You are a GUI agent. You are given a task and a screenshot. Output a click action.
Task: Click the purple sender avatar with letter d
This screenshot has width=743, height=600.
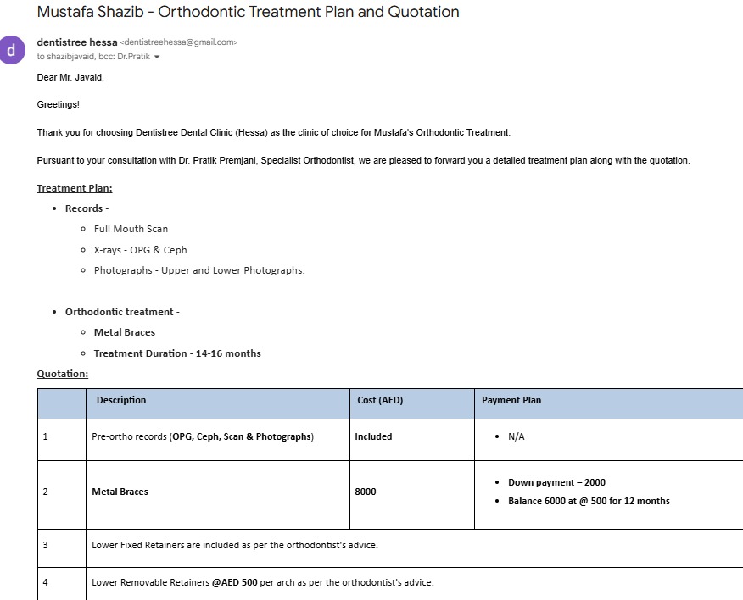[x=12, y=49]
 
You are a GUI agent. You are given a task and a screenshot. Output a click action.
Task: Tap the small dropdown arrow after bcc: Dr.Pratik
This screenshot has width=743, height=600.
[x=157, y=57]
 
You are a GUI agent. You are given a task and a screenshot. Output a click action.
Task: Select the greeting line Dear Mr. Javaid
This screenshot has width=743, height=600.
[x=70, y=78]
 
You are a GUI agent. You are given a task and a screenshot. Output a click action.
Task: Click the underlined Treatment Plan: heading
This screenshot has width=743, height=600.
[x=75, y=188]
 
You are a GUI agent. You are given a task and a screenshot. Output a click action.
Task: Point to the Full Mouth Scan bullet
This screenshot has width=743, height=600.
[x=131, y=229]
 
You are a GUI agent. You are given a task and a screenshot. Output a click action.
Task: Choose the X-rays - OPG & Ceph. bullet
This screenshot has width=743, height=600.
[x=142, y=250]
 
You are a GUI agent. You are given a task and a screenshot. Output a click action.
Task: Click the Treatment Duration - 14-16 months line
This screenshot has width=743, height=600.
[x=177, y=353]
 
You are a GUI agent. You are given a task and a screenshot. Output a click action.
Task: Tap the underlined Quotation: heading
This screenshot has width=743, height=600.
[x=63, y=373]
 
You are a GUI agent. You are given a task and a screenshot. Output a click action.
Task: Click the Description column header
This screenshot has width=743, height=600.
[x=121, y=400]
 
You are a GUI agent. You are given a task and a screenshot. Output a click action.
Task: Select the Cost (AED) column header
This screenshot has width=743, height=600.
[x=380, y=400]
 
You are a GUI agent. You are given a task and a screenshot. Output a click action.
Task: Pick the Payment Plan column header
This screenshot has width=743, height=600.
[x=511, y=400]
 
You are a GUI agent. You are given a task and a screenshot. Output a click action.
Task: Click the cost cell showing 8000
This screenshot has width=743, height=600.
[x=366, y=492]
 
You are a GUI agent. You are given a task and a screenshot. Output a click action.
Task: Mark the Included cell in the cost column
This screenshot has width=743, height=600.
[x=373, y=437]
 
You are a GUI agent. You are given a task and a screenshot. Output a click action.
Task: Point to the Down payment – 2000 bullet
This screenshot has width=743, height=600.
[x=556, y=482]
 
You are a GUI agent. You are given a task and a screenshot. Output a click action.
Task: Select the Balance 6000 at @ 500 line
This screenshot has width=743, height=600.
[x=589, y=501]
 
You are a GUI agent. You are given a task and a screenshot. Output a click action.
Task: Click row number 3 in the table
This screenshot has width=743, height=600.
[x=46, y=545]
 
